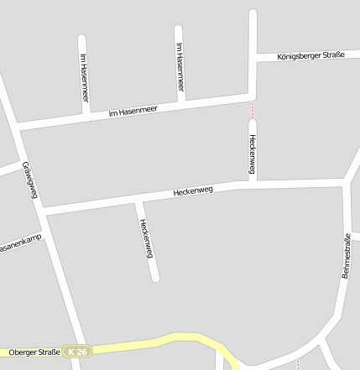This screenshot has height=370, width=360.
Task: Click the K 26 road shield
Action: (77, 352)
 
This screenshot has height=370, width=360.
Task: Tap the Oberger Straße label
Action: (33, 352)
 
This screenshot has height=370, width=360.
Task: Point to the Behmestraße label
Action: (347, 256)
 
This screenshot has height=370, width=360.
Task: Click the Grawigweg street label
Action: (30, 180)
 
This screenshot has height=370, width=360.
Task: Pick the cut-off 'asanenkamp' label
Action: (20, 245)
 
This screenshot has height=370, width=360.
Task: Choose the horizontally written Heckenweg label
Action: (193, 190)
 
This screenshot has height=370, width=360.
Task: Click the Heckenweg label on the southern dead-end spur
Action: (147, 238)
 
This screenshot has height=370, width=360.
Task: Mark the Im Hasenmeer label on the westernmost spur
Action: (84, 77)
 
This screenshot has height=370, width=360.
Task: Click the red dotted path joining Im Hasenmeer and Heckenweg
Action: (252, 109)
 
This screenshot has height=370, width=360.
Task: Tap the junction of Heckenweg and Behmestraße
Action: (345, 181)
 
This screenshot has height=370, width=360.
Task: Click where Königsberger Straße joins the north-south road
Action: (253, 57)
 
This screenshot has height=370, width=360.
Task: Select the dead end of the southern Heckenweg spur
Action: (154, 278)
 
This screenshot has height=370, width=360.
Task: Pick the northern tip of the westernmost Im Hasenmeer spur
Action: (81, 38)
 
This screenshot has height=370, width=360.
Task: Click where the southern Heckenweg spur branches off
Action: (137, 201)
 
